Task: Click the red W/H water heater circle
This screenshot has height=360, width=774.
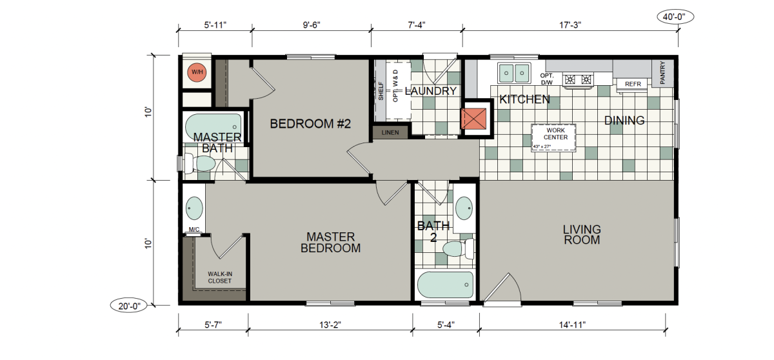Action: pyautogui.click(x=197, y=72)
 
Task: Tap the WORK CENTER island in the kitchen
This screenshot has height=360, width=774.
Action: pyautogui.click(x=553, y=138)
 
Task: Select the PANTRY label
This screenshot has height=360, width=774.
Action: pyautogui.click(x=662, y=72)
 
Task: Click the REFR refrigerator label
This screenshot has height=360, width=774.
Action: pyautogui.click(x=633, y=84)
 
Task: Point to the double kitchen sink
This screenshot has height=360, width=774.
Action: pyautogui.click(x=514, y=74)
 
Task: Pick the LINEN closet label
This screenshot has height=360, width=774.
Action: pyautogui.click(x=390, y=132)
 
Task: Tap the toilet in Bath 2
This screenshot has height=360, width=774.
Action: pyautogui.click(x=458, y=248)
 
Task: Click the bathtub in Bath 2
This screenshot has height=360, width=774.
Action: pyautogui.click(x=445, y=285)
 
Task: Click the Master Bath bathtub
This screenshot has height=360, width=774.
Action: pyautogui.click(x=213, y=126)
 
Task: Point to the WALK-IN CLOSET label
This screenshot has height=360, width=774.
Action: pyautogui.click(x=220, y=277)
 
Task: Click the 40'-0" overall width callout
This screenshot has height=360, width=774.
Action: pyautogui.click(x=675, y=17)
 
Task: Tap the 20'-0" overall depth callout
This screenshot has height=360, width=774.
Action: pyautogui.click(x=129, y=306)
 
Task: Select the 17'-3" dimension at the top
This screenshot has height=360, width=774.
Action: pyautogui.click(x=570, y=25)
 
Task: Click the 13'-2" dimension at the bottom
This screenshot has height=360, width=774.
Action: pyautogui.click(x=330, y=325)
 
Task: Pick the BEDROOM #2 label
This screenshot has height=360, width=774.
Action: pyautogui.click(x=310, y=124)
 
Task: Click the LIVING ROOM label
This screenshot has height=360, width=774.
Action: pyautogui.click(x=582, y=235)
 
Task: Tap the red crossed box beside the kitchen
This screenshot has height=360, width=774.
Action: pyautogui.click(x=473, y=119)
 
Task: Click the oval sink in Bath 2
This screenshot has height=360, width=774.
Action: pyautogui.click(x=464, y=208)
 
